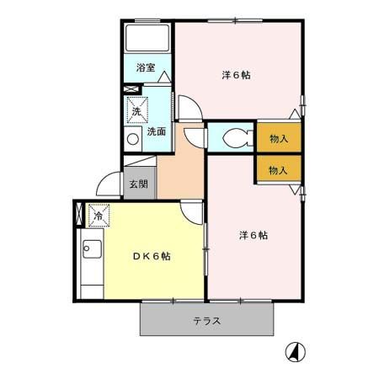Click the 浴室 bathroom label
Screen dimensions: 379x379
[x=145, y=67]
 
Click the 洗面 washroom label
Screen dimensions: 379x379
[x=157, y=131]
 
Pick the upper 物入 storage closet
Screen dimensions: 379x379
[x=278, y=138]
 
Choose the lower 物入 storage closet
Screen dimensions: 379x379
[x=278, y=169]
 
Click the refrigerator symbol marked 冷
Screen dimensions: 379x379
[x=98, y=216]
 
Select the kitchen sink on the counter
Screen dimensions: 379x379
[x=90, y=251]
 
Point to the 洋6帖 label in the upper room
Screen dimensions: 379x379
[x=237, y=75]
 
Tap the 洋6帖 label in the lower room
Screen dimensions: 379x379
[x=253, y=235]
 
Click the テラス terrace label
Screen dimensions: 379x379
[x=206, y=320]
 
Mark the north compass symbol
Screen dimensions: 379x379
[x=297, y=351]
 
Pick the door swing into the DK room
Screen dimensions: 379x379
[x=193, y=211]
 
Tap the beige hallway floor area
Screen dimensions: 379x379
[x=179, y=173]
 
